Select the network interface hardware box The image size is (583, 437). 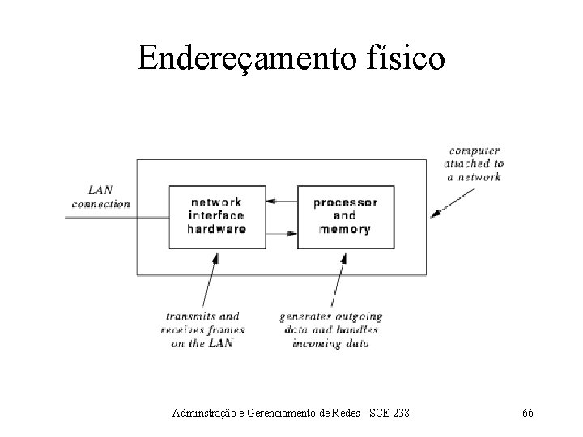(x=216, y=216)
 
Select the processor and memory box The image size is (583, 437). (x=344, y=216)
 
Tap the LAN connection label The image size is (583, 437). (x=100, y=197)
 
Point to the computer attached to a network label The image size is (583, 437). (x=474, y=163)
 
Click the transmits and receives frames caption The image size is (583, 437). (x=202, y=329)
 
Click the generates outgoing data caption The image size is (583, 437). (x=330, y=329)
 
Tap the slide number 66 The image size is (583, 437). (x=527, y=414)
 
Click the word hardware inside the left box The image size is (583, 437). (x=216, y=229)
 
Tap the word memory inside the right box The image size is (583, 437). (x=344, y=229)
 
